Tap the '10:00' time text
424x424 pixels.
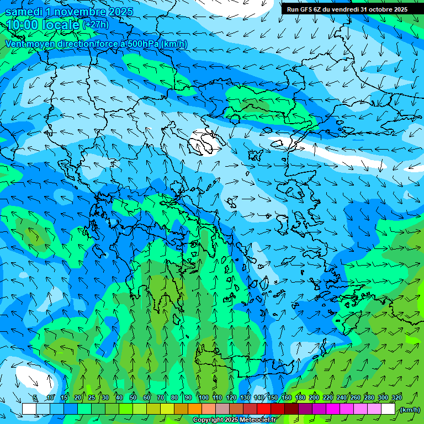click(x=23, y=25)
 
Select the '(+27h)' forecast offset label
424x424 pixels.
click(x=96, y=25)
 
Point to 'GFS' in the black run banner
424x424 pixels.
click(x=307, y=9)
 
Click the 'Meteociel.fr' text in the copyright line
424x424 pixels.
click(x=258, y=420)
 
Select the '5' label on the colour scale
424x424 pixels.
click(x=35, y=397)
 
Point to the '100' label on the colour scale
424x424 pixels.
click(x=204, y=397)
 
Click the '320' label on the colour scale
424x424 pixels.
click(x=397, y=397)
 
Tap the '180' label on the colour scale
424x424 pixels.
click(x=300, y=397)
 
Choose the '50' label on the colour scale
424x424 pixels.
click(x=133, y=397)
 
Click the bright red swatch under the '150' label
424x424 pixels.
click(x=264, y=409)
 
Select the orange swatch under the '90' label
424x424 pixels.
click(x=195, y=409)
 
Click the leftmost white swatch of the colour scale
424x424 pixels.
click(x=29, y=409)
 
